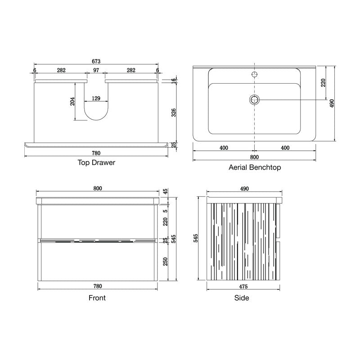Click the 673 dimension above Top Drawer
[x=96, y=61]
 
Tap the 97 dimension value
[x=96, y=70]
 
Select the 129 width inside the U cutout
[x=96, y=98]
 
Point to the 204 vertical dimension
[x=72, y=101]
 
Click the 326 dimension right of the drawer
[x=174, y=112]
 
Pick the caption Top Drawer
[x=96, y=162]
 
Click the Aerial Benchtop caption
[x=255, y=167]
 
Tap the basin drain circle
[x=254, y=100]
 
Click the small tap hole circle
[x=254, y=74]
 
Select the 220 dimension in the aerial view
[x=323, y=83]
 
